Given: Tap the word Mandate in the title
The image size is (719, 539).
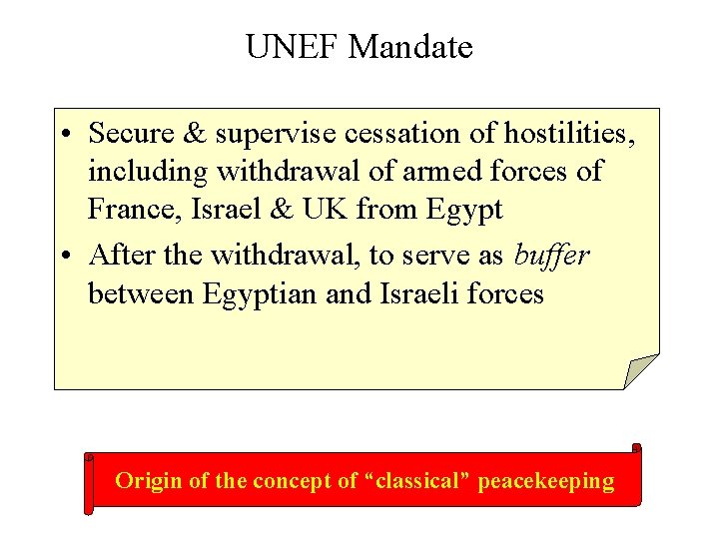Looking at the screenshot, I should (411, 46).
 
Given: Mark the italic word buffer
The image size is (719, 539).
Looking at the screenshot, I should (551, 255).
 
